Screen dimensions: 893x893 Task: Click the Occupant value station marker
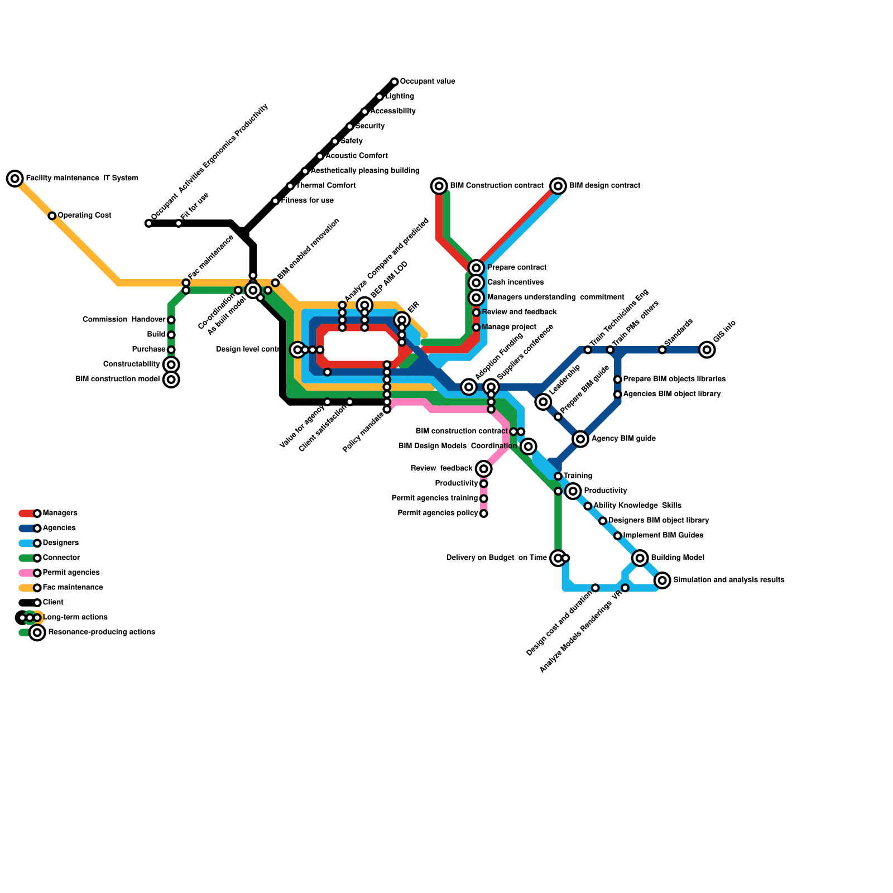[x=395, y=82]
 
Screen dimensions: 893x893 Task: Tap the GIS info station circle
[x=707, y=350]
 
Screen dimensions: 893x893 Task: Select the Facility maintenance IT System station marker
[x=15, y=179]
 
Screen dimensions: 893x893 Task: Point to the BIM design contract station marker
[x=558, y=186]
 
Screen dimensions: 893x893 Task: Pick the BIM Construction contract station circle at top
[x=439, y=186]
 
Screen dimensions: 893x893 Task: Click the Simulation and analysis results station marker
[x=662, y=580]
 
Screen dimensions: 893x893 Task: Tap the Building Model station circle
[x=640, y=558]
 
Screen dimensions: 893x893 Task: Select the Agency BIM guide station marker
[x=580, y=439]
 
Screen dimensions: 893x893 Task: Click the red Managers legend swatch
[x=26, y=513]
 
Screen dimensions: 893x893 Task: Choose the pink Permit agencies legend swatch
[x=26, y=573]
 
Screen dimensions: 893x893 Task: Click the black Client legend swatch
[x=26, y=603]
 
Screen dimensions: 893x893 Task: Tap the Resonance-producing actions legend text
[x=102, y=632]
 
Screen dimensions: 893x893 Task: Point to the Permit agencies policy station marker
[x=484, y=513]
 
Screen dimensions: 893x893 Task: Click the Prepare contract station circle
[x=476, y=268]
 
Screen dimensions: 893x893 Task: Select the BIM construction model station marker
[x=171, y=380]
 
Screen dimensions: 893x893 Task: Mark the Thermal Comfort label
[x=326, y=186]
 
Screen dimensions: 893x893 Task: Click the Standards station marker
[x=662, y=350]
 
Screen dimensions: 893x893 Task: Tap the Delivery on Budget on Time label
[x=496, y=558]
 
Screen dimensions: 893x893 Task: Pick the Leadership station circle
[x=543, y=402]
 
